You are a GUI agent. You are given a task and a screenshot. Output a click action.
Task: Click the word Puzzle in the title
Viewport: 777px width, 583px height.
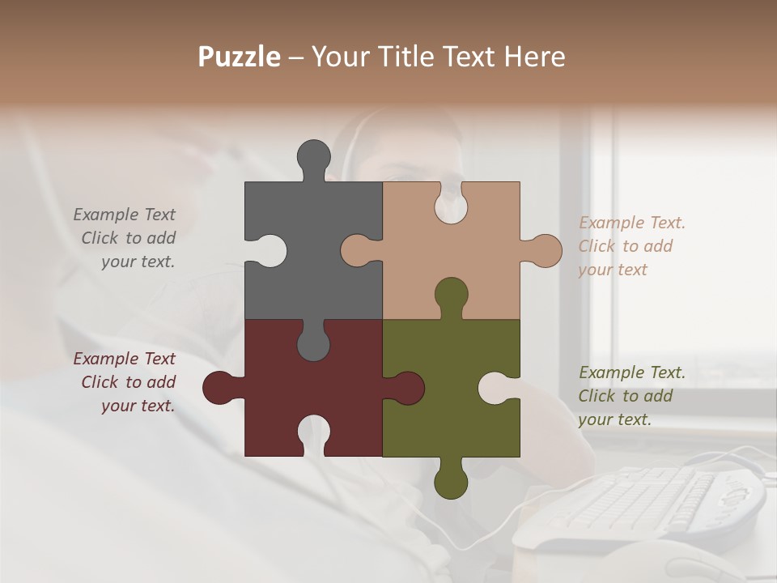click(x=240, y=57)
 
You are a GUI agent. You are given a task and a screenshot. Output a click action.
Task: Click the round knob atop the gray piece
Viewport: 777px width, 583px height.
click(x=313, y=155)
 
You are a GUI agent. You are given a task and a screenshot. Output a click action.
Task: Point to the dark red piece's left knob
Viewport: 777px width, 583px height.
click(x=219, y=387)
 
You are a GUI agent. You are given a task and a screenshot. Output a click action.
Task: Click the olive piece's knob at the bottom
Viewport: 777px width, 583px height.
click(x=451, y=480)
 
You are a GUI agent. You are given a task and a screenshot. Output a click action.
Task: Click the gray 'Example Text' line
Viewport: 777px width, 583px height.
click(x=125, y=215)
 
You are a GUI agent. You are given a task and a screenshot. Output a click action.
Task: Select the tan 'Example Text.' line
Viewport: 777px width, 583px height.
click(x=632, y=223)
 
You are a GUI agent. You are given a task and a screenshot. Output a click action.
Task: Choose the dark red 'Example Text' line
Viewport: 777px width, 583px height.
click(x=125, y=359)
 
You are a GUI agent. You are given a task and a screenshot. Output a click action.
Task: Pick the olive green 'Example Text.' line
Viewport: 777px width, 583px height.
click(x=632, y=372)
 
